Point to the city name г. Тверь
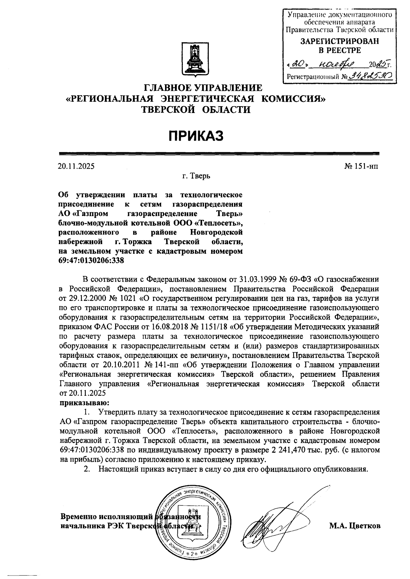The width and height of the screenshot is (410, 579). [196, 176]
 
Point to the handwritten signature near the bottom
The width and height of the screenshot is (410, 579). [273, 522]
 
